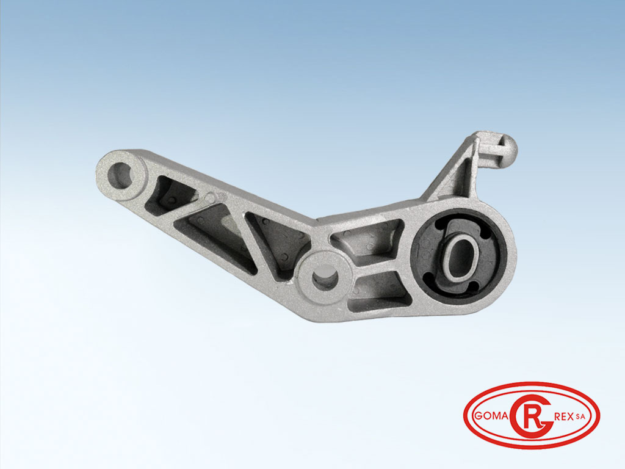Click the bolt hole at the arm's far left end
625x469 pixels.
tap(120, 175)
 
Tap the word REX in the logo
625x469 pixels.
tap(564, 416)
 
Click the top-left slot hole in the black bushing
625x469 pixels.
tap(440, 225)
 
